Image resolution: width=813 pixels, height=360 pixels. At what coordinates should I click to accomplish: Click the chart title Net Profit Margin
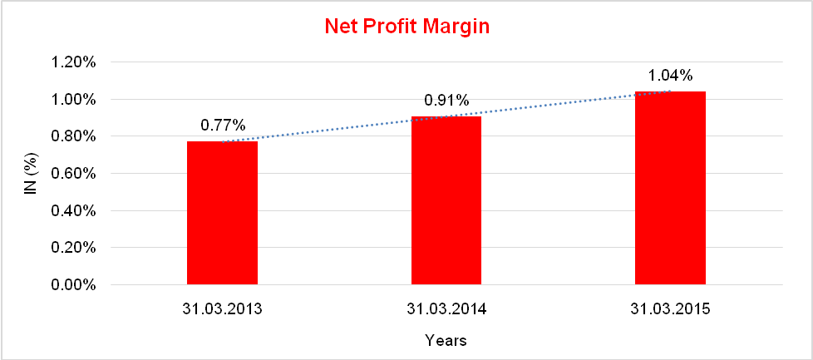pos(406,27)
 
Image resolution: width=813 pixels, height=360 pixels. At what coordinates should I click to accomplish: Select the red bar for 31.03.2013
pos(222,214)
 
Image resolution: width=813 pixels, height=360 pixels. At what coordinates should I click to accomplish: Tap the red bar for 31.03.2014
pos(446,200)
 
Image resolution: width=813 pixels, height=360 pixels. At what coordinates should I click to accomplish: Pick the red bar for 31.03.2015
pos(670,189)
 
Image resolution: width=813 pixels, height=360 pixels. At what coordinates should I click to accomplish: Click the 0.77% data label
pos(223,126)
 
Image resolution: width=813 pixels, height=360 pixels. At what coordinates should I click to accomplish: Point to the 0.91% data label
pos(447,101)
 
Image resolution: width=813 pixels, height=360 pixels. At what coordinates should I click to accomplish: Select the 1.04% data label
pos(668,76)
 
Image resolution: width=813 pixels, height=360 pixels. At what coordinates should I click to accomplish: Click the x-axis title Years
pos(446,340)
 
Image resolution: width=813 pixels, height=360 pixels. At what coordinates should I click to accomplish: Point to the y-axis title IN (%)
pos(30,174)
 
